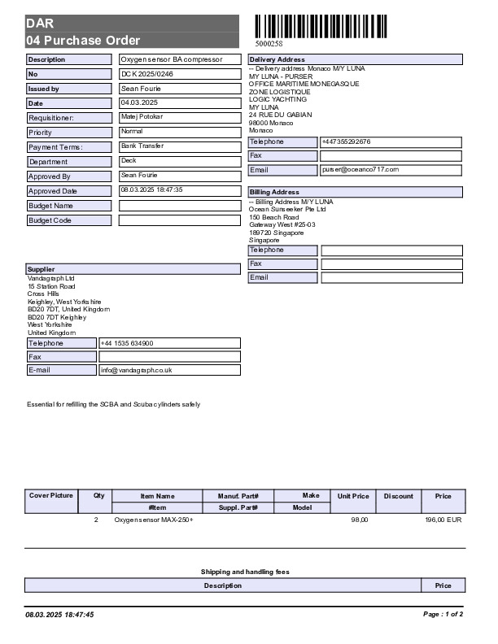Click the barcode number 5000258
pos(269,44)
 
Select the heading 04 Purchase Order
pos(83,40)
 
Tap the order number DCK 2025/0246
pos(147,74)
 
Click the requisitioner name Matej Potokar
pos(142,117)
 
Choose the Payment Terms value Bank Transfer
pos(142,146)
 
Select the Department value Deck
pos(129,161)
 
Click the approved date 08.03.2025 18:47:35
pos(151,189)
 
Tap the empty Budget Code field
pos(180,220)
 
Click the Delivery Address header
pos(277,59)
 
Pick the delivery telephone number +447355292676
pos(347,141)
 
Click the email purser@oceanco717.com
pos(360,169)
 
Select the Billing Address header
pos(274,192)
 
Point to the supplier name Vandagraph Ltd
pos(50,278)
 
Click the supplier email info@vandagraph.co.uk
pos(136,370)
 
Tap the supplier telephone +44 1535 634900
pos(126,343)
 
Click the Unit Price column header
pos(353,496)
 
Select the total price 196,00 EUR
pos(443,519)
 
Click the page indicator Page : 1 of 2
pos(443,615)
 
